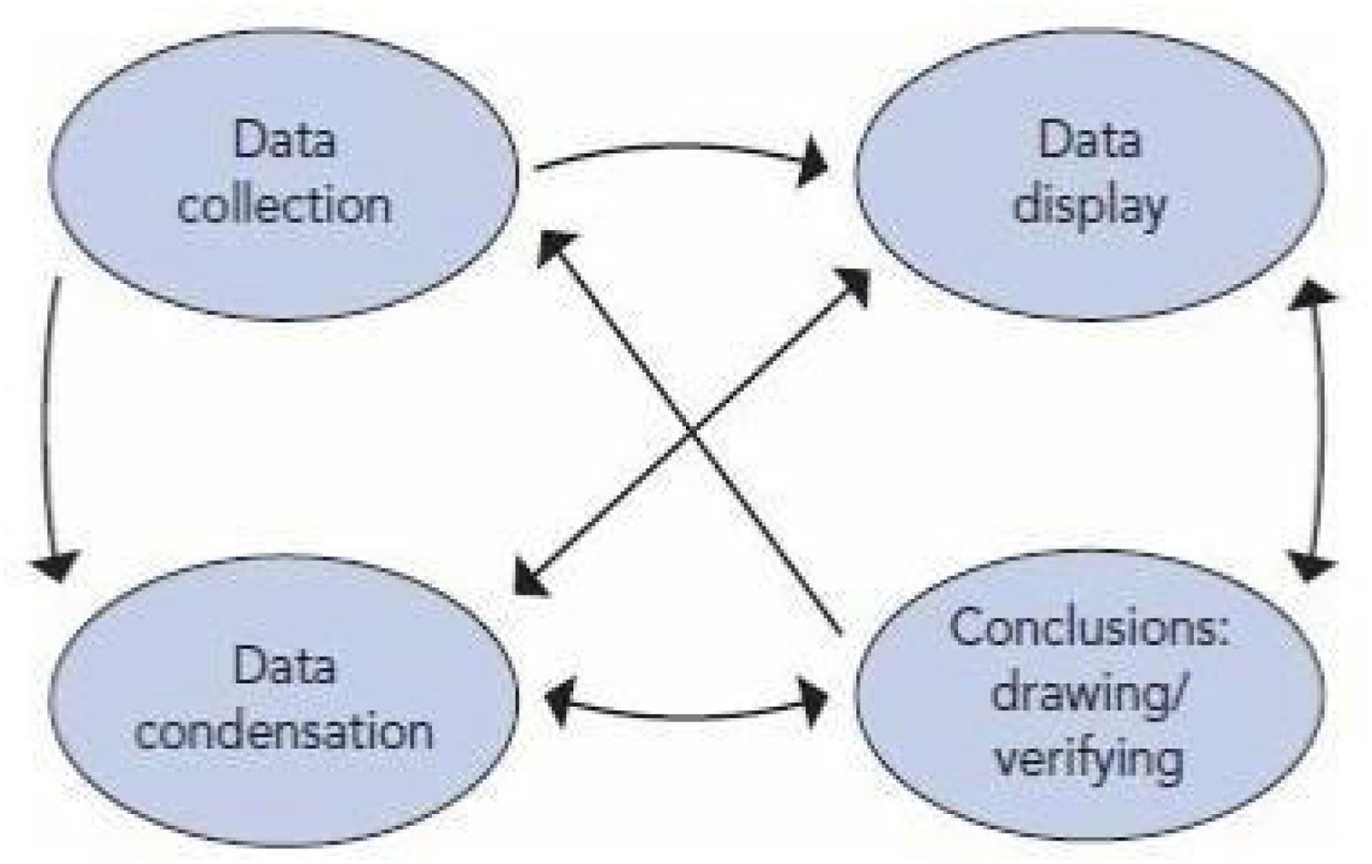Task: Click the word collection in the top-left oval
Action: click(284, 206)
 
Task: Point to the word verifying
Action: click(1088, 759)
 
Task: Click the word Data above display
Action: click(1090, 141)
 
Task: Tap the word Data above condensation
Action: click(284, 667)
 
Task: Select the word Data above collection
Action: click(284, 141)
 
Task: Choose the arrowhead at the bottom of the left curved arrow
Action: click(56, 564)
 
